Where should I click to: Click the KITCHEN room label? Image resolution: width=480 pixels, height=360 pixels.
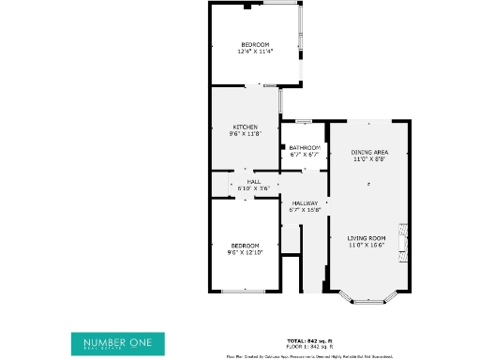(x=246, y=127)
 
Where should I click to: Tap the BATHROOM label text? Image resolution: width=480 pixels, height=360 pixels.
(x=305, y=148)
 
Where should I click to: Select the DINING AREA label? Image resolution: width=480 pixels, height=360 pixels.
(x=369, y=152)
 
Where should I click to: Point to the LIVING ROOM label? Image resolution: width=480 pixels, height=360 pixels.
(x=367, y=238)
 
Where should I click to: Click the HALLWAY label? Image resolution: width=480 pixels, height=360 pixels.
(x=305, y=203)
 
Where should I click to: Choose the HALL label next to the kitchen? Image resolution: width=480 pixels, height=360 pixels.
(x=253, y=182)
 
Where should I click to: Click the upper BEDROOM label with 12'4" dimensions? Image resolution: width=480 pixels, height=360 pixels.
(x=255, y=45)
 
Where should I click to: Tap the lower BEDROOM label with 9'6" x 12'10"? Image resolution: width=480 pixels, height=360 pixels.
(x=246, y=246)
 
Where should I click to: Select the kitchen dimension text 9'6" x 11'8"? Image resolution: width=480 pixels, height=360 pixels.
(x=246, y=134)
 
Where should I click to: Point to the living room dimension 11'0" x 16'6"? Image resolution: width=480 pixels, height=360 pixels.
(x=367, y=245)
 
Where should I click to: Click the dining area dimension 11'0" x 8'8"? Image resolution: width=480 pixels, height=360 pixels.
(x=369, y=158)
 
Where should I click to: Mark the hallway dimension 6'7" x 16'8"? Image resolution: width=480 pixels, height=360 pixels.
(x=305, y=210)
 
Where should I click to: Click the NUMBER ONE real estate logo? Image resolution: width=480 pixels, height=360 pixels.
(x=117, y=343)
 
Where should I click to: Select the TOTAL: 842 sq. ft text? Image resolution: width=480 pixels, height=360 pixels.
(x=308, y=340)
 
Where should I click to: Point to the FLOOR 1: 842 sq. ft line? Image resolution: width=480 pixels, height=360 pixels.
(x=308, y=346)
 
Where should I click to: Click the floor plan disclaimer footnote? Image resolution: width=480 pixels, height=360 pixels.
(x=308, y=356)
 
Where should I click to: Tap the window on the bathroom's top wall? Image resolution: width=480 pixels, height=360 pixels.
(x=303, y=121)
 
